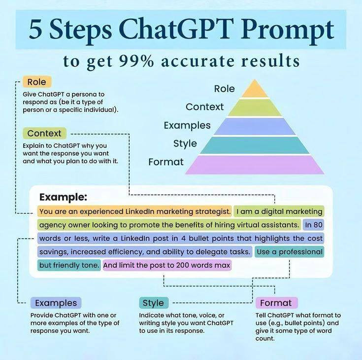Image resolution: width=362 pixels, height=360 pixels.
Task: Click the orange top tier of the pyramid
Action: pyautogui.click(x=255, y=90)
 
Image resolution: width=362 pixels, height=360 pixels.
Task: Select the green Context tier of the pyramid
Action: pyautogui.click(x=255, y=108)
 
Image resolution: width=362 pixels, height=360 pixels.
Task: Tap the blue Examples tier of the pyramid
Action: pyautogui.click(x=255, y=126)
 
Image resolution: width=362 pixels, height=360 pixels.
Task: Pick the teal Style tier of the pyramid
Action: pyautogui.click(x=255, y=145)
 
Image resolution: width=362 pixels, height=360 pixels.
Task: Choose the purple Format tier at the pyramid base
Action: pyautogui.click(x=255, y=165)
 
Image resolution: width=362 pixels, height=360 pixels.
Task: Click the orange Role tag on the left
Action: pyautogui.click(x=37, y=82)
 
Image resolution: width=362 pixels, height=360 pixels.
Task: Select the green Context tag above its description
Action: pyautogui.click(x=44, y=133)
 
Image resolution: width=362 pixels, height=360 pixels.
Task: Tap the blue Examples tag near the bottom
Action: pyautogui.click(x=56, y=303)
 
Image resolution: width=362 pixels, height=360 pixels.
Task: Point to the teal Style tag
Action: pyautogui.click(x=154, y=303)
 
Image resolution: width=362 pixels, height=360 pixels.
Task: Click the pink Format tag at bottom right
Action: pyautogui.click(x=276, y=303)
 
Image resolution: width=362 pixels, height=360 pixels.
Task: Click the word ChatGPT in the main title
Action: pyautogui.click(x=176, y=30)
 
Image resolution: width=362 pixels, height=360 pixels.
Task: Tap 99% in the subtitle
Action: pyautogui.click(x=137, y=61)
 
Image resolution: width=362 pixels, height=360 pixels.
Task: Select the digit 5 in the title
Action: pyautogui.click(x=36, y=30)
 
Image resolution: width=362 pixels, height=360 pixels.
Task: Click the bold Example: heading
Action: pyautogui.click(x=63, y=197)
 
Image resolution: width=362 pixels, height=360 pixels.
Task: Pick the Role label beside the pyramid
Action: pyautogui.click(x=225, y=89)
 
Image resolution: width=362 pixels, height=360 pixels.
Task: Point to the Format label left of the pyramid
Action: pyautogui.click(x=166, y=162)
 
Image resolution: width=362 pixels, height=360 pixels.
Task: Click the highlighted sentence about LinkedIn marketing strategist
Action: pyautogui.click(x=134, y=212)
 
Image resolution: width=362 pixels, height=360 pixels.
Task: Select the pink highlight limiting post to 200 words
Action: pyautogui.click(x=167, y=265)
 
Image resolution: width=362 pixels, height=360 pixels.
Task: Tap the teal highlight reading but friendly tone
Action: pyautogui.click(x=69, y=265)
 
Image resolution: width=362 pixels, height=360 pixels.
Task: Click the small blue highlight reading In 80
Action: pyautogui.click(x=314, y=225)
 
